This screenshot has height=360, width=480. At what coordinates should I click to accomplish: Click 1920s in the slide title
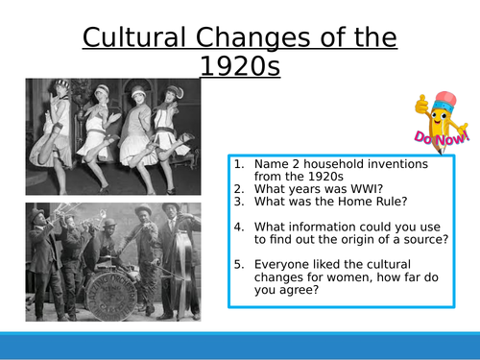pos(239,66)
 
